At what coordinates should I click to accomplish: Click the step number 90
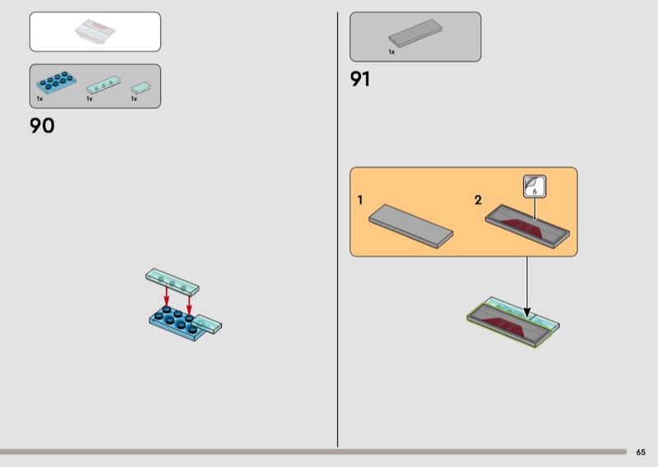coord(42,126)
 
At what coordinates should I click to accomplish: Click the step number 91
coord(360,79)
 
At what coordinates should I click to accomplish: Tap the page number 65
coord(641,452)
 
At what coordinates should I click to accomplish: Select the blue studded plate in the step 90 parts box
coord(56,82)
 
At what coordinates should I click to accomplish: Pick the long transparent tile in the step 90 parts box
coord(104,85)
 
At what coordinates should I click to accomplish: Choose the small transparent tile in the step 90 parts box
coord(141,88)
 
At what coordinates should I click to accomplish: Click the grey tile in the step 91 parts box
coord(415,33)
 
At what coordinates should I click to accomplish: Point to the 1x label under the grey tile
coord(392,52)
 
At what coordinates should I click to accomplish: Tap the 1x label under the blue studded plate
coord(39,99)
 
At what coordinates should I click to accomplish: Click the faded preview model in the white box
coord(95,31)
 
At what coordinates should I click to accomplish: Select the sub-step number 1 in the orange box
coord(360,200)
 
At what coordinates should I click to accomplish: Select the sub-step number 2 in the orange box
coord(478,200)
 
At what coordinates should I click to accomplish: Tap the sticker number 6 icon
coord(535,187)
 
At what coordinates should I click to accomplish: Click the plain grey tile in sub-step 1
coord(410,226)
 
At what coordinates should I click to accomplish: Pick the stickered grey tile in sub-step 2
coord(527,226)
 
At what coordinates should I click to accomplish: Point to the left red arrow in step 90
coord(167,296)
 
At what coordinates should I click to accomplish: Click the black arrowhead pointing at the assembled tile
coord(527,312)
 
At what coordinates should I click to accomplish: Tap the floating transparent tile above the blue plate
coord(173,281)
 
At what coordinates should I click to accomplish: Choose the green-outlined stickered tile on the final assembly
coord(509,326)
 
